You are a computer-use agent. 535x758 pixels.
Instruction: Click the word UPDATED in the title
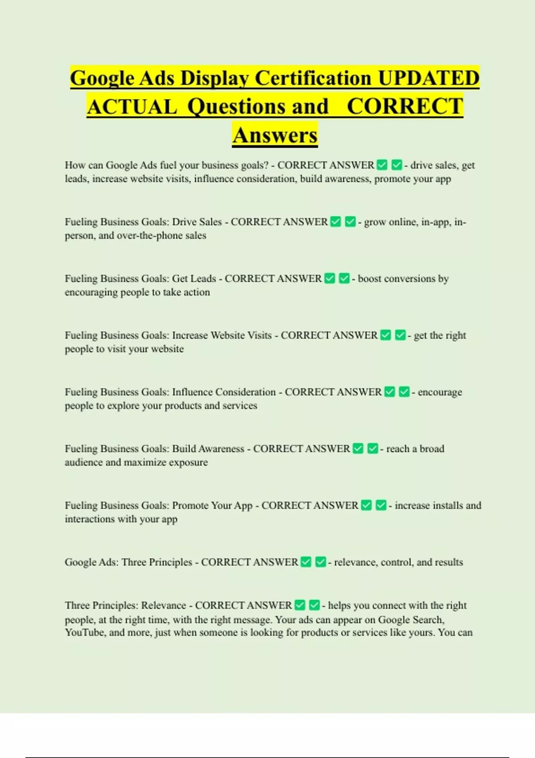click(x=428, y=78)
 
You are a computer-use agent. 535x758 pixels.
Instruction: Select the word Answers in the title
click(x=275, y=135)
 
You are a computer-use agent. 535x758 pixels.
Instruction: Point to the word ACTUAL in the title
click(x=132, y=107)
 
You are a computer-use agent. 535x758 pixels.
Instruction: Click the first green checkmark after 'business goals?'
click(x=382, y=165)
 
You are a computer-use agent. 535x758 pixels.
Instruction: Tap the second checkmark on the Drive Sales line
click(x=350, y=222)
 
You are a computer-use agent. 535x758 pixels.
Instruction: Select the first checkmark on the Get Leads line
click(x=329, y=278)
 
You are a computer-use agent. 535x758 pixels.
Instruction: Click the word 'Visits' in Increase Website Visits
click(x=256, y=335)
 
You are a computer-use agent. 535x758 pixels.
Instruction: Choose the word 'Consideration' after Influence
click(x=245, y=392)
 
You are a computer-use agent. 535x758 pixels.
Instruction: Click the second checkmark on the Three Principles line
click(x=321, y=562)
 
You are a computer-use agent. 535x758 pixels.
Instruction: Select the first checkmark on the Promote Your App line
click(x=366, y=505)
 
